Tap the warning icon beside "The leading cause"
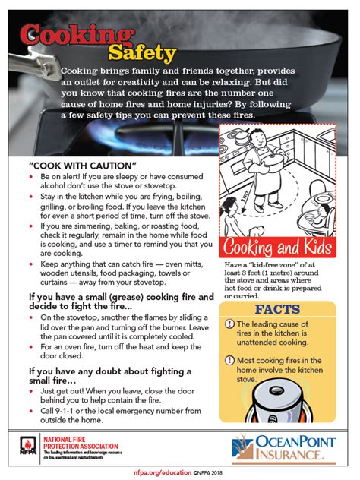[229, 325]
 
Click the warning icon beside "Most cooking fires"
[229, 361]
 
